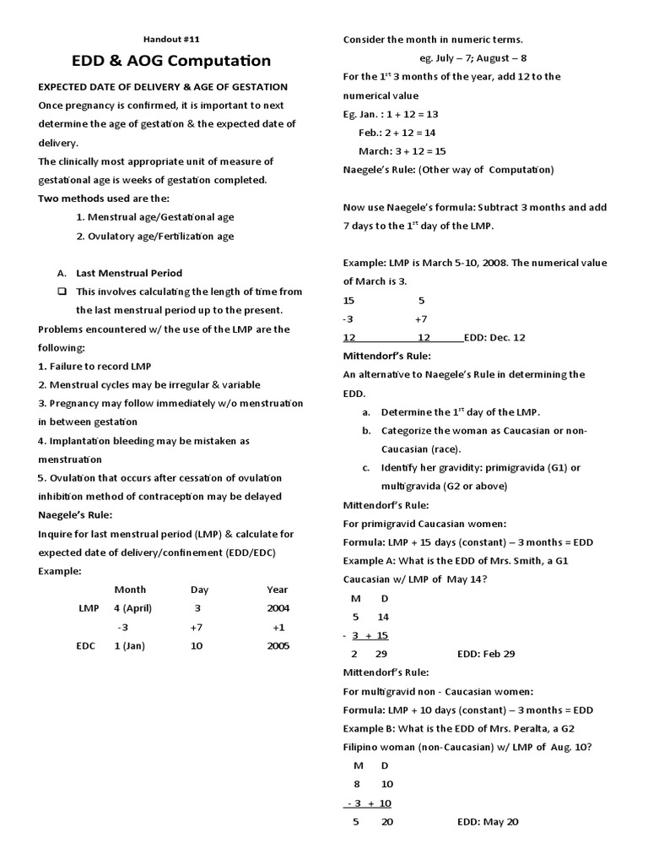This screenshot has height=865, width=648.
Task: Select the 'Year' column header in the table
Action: coord(277,590)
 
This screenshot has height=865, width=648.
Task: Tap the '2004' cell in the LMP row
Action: coord(277,608)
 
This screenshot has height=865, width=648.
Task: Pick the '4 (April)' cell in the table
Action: coord(131,608)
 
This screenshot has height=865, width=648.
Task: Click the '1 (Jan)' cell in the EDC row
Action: coord(131,646)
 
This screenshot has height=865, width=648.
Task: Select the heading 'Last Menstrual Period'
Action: coord(128,273)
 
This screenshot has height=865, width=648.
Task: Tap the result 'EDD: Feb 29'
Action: coord(486,654)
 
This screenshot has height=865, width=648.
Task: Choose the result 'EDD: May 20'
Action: coord(488,821)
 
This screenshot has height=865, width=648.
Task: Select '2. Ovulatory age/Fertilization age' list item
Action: coord(155,237)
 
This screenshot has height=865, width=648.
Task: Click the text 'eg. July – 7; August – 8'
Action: coord(472,58)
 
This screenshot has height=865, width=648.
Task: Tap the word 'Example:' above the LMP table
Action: coord(59,571)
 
